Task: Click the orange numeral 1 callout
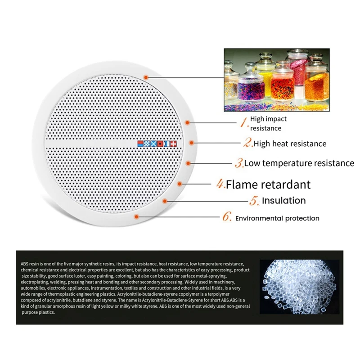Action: (243, 122)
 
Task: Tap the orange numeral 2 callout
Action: (248, 143)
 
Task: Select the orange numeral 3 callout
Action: (239, 162)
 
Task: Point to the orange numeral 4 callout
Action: (220, 184)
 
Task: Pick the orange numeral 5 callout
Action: (254, 201)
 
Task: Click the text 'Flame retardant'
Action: (268, 184)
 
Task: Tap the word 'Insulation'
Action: (284, 201)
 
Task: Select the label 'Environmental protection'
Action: (277, 218)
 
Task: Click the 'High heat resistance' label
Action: (290, 144)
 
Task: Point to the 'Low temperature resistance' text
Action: (299, 163)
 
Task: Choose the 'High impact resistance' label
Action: (268, 124)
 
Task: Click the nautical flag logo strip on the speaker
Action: (157, 144)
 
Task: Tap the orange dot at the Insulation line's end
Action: (165, 201)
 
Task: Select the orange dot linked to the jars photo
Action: (147, 77)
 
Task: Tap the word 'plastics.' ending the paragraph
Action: (45, 312)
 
